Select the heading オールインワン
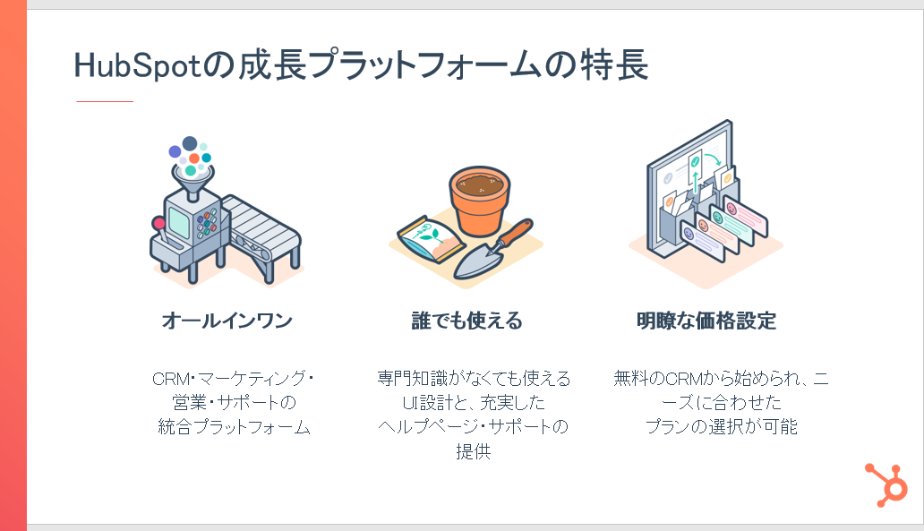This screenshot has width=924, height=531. pos(227,321)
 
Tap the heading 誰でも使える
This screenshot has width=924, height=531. pos(466,321)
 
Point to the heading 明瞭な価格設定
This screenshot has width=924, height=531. pos(706,321)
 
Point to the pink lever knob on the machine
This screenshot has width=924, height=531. pos(158,223)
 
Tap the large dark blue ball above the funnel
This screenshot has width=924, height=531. pos(190,143)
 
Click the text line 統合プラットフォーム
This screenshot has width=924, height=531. pos(234,427)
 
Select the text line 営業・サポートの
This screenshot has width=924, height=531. pos(234,402)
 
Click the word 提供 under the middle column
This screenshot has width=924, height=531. pos(474,451)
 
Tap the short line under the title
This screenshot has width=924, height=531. pos(105,101)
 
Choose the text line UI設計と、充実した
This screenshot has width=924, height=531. pos(474,402)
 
